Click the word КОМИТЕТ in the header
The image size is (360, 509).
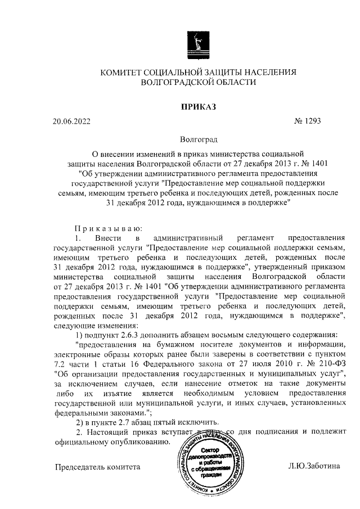tap(123, 73)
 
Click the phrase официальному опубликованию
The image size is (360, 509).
tap(111, 442)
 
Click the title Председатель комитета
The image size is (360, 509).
tap(97, 466)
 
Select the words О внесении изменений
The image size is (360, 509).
tap(133, 152)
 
